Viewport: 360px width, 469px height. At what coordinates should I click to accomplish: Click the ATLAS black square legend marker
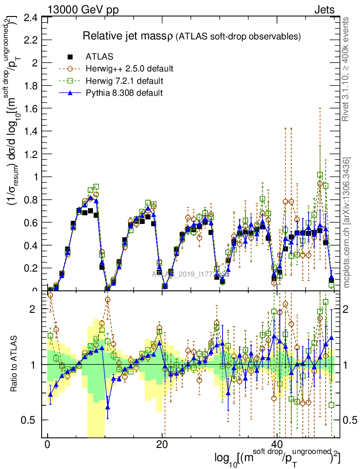pos(71,57)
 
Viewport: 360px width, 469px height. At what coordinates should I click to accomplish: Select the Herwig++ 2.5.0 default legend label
pos(129,69)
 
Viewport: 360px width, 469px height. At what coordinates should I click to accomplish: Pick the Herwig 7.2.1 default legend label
pos(125,81)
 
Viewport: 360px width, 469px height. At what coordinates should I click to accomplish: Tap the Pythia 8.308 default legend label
pos(124,93)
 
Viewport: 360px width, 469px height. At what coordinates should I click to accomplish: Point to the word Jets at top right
pos(324,10)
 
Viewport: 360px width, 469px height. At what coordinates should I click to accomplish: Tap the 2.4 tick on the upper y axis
pos(31,18)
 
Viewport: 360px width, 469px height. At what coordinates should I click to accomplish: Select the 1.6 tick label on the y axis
pos(31,109)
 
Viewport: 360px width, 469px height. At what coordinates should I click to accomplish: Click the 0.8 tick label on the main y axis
pos(31,200)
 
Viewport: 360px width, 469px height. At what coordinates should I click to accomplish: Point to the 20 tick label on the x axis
pos(162,445)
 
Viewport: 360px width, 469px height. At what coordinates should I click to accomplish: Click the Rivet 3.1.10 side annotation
pos(346,69)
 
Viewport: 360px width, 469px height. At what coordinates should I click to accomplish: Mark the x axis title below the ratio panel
pos(277,458)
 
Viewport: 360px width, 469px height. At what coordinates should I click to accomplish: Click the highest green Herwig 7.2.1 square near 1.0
pos(320,175)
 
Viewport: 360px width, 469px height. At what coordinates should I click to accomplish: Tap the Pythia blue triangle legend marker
pos(71,93)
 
